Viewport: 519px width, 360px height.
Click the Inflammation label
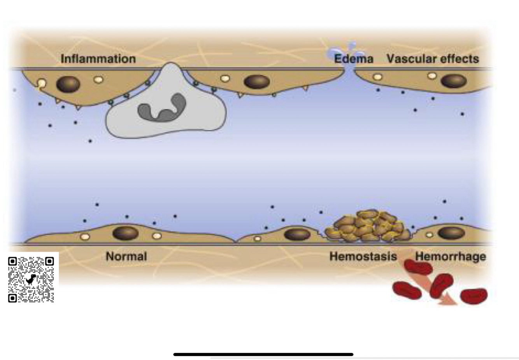98,59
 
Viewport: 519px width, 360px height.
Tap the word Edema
353,59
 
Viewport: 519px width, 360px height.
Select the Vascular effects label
433,59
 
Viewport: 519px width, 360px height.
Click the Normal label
126,256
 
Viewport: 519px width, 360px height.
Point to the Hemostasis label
363,256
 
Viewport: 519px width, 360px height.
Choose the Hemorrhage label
451,256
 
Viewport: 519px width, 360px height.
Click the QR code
31,279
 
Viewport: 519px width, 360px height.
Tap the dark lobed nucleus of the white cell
162,107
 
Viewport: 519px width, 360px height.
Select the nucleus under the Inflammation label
68,84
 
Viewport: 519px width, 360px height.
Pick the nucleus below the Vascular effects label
454,81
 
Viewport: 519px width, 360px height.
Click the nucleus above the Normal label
125,233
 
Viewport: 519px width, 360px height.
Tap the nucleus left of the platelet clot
297,234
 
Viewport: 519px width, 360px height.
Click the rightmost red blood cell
473,296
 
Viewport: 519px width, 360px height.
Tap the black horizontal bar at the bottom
263,354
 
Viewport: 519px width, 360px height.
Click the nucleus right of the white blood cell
257,82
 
